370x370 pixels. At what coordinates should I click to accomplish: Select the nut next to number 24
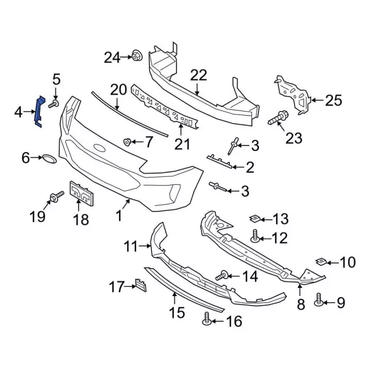pos(137,56)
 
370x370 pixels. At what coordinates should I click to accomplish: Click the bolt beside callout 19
pos(57,198)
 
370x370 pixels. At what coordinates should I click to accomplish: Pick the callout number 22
pos(198,75)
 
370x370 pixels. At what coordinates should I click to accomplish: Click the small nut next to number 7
pos(128,141)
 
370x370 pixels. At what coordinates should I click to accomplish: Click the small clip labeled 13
pos(253,219)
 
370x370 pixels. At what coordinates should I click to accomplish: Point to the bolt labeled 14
pos(223,276)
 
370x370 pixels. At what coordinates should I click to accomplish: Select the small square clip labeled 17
pos(140,285)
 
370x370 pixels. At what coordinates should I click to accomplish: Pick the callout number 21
pos(183,143)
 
